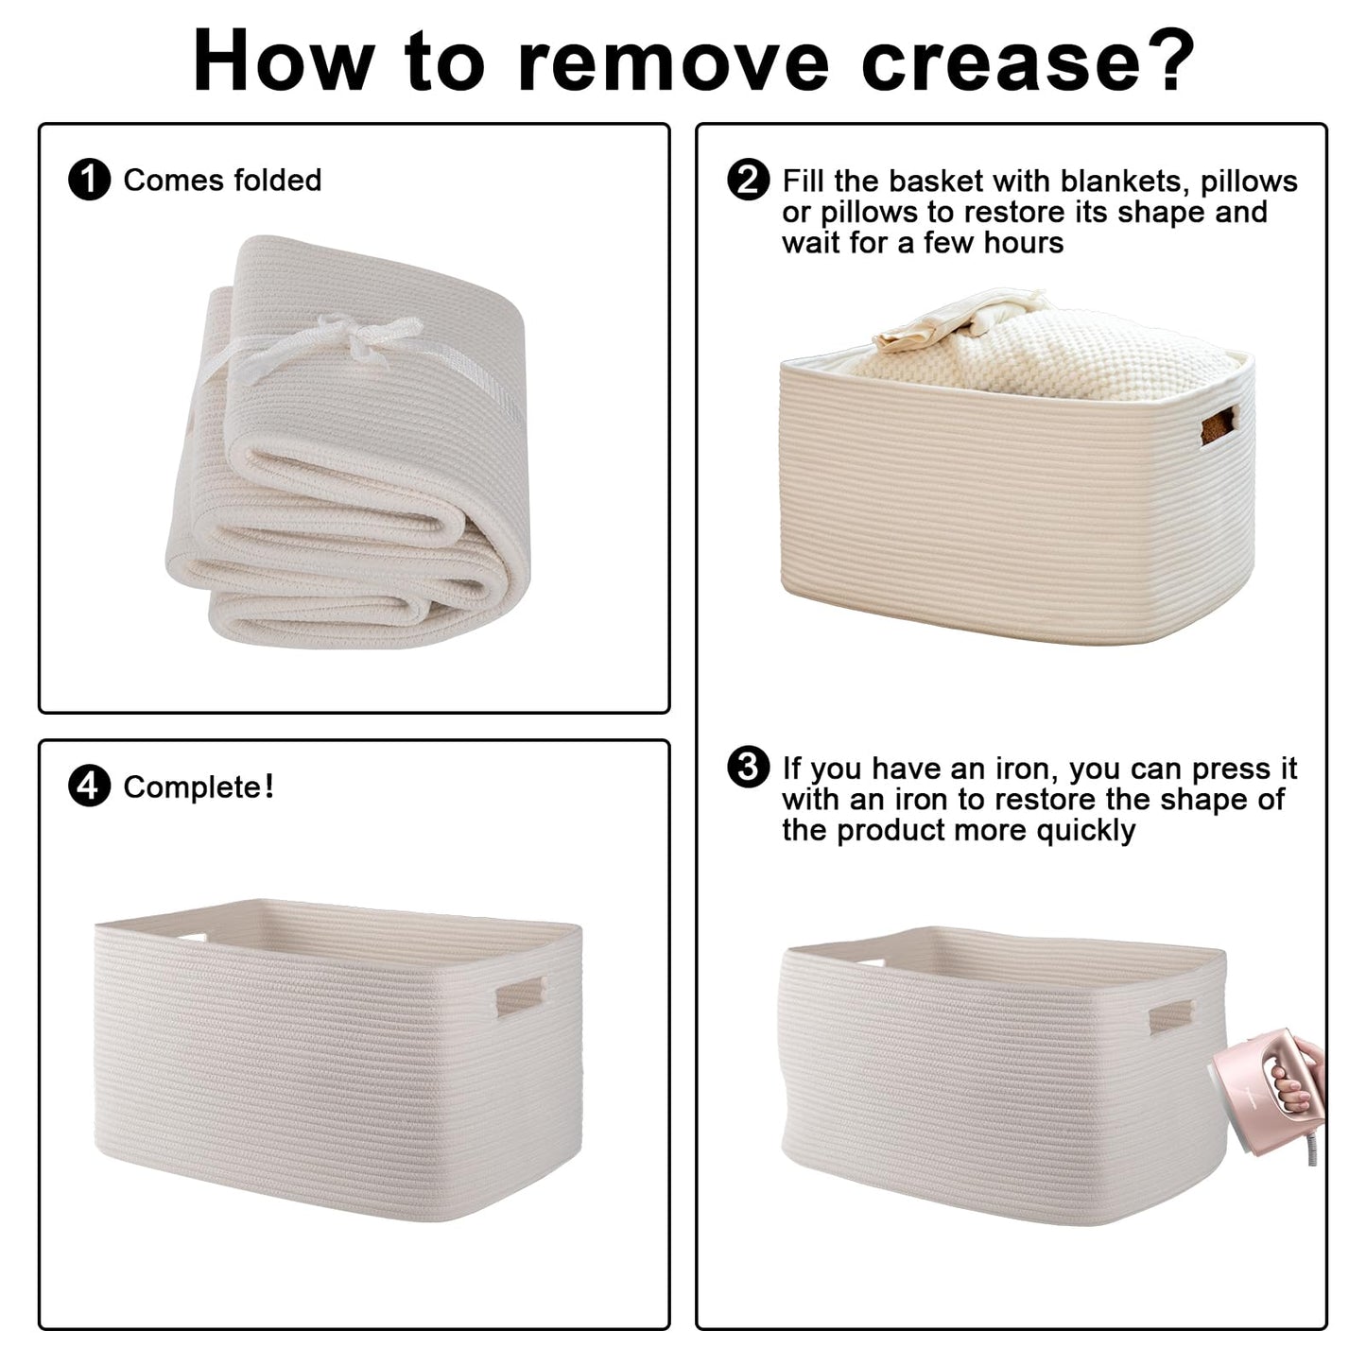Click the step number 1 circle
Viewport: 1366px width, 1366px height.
click(89, 180)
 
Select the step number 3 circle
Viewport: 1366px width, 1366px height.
click(748, 767)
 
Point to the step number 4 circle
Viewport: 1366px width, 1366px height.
click(89, 787)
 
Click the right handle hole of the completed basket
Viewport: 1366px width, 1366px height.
click(520, 996)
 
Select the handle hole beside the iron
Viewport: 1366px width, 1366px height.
click(1170, 1017)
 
